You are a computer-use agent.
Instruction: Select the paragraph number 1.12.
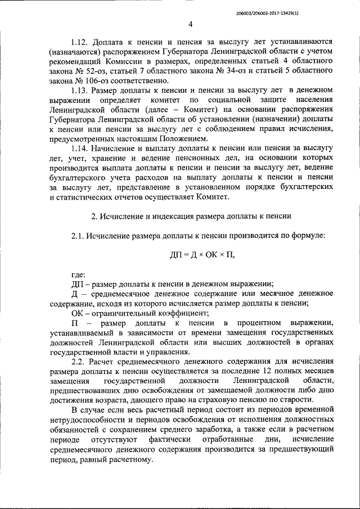(81, 42)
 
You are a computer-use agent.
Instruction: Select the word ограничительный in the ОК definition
(128, 313)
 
